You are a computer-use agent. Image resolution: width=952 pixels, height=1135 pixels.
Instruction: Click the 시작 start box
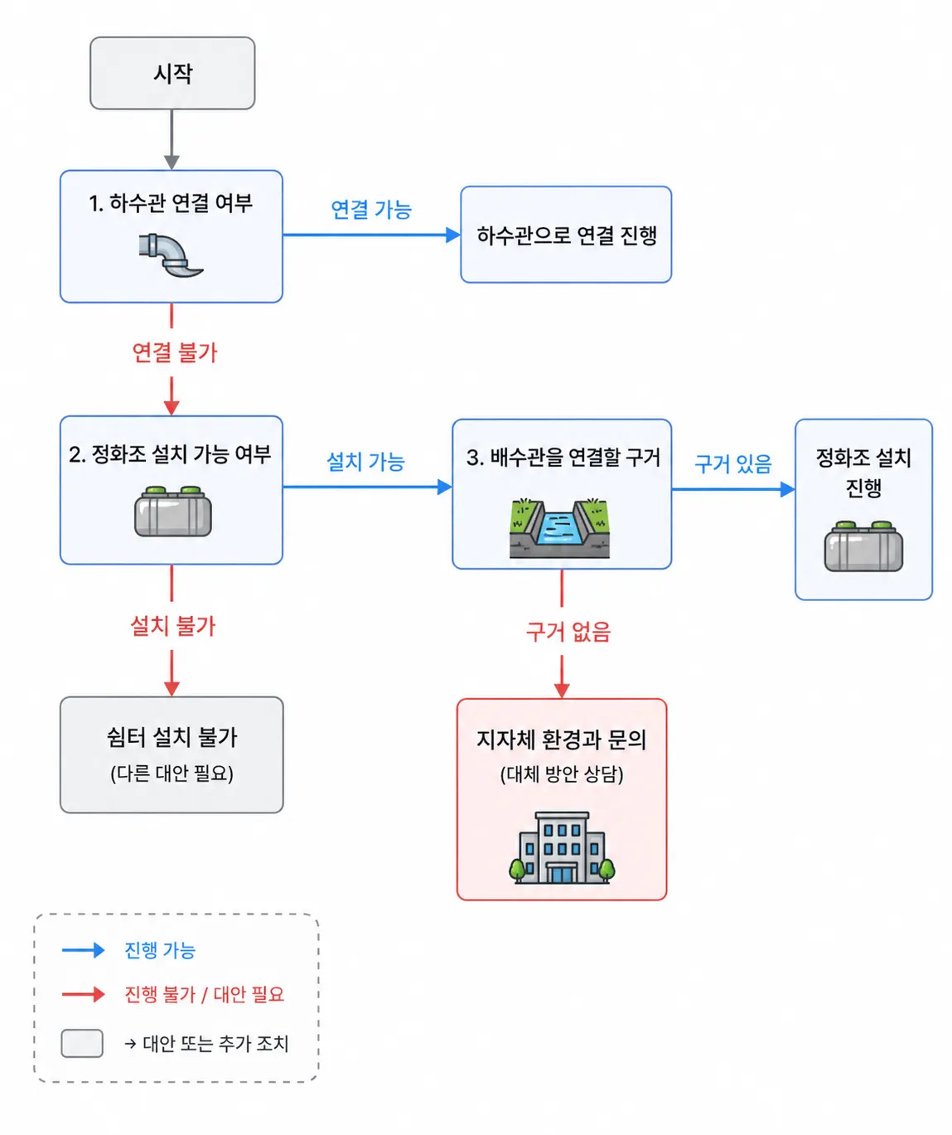click(x=172, y=73)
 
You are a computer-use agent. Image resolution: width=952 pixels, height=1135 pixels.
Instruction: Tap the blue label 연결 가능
click(x=371, y=209)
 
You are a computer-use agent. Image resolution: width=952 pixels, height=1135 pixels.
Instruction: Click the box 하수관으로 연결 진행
click(x=566, y=235)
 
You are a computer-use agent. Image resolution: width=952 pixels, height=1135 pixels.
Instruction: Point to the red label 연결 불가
click(x=175, y=352)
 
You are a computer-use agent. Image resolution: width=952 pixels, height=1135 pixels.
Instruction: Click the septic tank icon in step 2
click(x=173, y=511)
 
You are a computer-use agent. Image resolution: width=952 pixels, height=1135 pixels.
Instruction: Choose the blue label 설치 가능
click(x=365, y=462)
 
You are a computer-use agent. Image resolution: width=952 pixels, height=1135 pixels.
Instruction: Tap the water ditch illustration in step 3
click(x=559, y=527)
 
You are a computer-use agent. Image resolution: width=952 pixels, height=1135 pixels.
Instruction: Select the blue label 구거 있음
click(x=732, y=463)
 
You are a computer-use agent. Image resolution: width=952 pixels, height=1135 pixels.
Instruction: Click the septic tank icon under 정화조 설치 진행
click(x=863, y=546)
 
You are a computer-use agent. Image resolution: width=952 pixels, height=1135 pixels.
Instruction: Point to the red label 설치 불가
click(x=173, y=625)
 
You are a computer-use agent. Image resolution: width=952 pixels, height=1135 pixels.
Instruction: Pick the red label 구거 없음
click(x=568, y=632)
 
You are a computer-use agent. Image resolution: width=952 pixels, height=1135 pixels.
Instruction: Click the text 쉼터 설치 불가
click(x=172, y=737)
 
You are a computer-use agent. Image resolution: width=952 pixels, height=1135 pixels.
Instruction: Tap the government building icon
click(x=562, y=847)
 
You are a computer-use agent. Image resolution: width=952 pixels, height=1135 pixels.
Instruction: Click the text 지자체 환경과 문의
click(x=561, y=740)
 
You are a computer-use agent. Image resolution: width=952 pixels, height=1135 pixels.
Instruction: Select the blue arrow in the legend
click(x=83, y=950)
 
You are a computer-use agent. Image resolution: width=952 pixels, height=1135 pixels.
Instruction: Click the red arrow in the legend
click(x=83, y=994)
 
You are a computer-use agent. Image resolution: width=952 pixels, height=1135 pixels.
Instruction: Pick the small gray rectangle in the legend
click(x=82, y=1043)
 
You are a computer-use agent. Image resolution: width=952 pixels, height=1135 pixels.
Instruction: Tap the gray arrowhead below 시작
click(x=172, y=162)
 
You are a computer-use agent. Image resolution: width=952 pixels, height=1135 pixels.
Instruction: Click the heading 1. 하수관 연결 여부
click(x=171, y=203)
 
